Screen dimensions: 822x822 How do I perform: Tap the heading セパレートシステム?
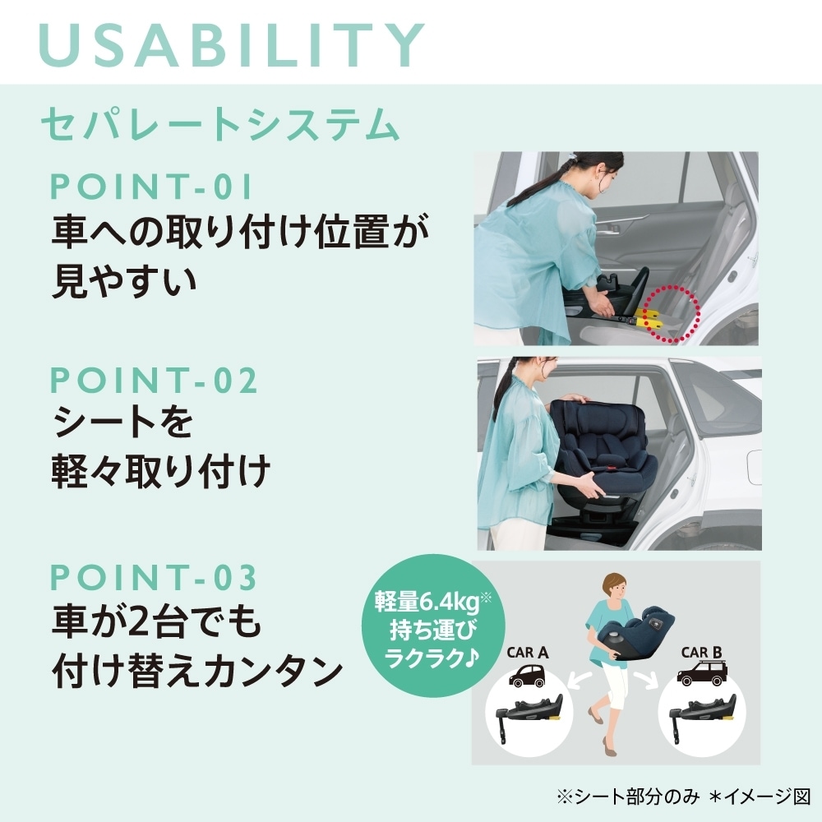[x=220, y=124]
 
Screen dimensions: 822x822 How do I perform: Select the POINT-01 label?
[x=151, y=186]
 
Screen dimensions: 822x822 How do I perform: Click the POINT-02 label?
[x=154, y=380]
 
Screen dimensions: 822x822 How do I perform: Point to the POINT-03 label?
[x=154, y=577]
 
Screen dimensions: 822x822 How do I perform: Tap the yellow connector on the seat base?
[x=648, y=316]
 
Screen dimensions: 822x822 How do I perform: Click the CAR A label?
[x=528, y=653]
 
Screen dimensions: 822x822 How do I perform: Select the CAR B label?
[x=701, y=653]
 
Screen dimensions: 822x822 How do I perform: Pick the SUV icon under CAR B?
[x=702, y=672]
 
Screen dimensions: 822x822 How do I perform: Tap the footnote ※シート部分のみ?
[x=628, y=797]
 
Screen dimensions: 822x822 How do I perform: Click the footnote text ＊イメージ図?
[x=760, y=797]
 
